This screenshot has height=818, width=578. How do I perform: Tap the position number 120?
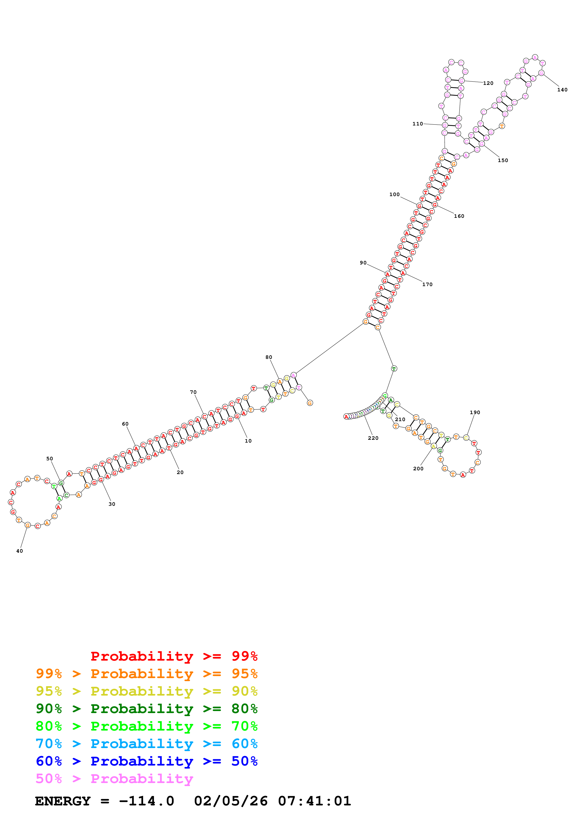(488, 83)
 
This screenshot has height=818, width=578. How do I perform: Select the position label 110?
(418, 124)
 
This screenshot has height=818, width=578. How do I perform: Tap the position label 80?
(269, 357)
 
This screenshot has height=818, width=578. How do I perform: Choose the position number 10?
(248, 441)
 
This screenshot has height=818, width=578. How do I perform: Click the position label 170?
(427, 285)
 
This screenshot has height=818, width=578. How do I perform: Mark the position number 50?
(49, 459)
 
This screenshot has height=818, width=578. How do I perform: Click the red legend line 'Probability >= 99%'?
(174, 656)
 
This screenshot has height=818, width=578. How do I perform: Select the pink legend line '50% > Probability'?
(114, 779)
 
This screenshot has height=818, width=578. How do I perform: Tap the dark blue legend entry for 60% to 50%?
(146, 761)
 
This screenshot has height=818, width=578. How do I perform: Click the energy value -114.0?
(146, 801)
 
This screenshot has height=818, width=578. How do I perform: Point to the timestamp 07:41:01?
(315, 801)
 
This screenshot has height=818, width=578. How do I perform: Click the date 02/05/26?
(231, 801)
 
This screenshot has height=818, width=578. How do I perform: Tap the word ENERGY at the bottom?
(63, 801)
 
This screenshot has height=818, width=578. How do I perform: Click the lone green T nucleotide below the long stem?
(394, 369)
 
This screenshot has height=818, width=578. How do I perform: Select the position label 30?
(112, 504)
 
